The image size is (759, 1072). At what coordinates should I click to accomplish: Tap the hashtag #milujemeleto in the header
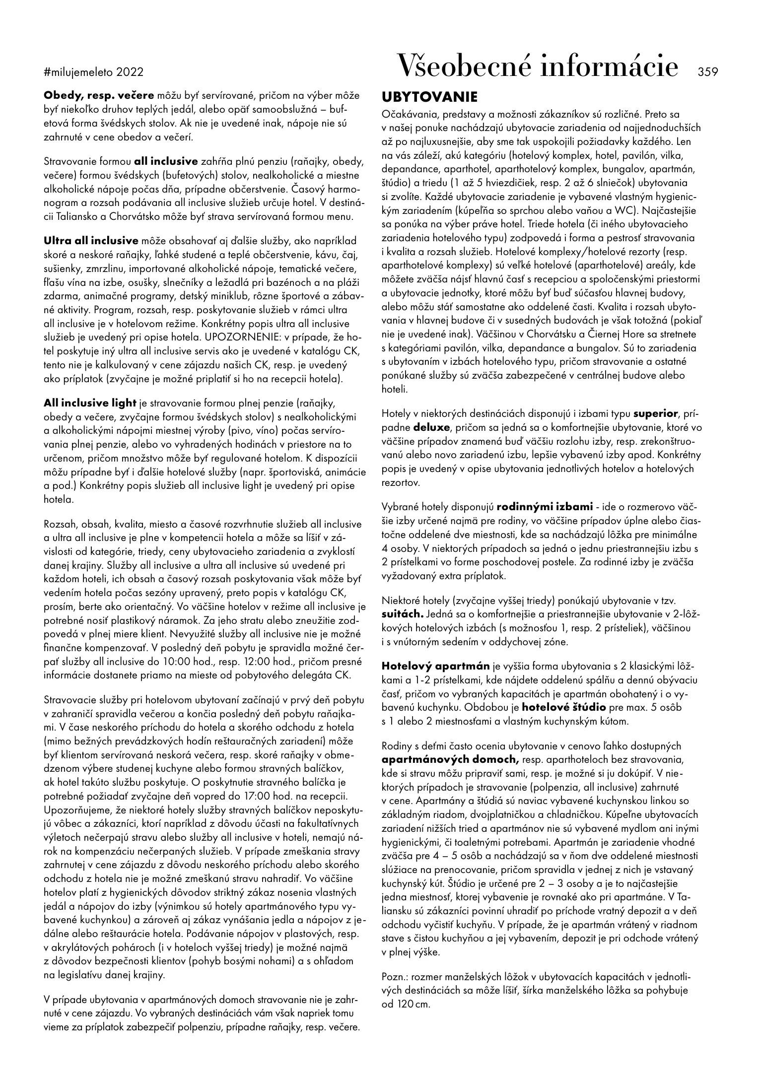79,72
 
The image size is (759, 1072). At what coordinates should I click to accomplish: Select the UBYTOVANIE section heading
429,96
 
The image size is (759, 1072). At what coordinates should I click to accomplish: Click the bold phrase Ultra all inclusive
91,241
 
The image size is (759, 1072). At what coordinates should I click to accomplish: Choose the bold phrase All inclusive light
90,402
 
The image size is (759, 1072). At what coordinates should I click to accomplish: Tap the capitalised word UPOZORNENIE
230,337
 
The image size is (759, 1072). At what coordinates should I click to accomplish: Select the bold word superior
655,413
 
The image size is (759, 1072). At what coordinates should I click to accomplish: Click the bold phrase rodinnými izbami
545,507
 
